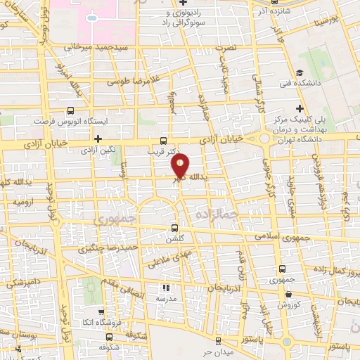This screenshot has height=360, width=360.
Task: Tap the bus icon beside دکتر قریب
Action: point(163,140)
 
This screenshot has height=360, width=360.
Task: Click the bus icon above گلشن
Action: point(175,228)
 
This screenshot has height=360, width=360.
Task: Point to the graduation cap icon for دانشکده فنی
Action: point(300,72)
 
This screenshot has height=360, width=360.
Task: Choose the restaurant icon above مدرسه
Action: point(166,288)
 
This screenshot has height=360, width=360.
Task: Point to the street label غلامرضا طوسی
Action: point(131,81)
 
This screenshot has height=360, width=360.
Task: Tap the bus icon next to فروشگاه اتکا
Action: point(101,311)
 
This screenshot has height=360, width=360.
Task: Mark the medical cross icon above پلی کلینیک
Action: point(300,108)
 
